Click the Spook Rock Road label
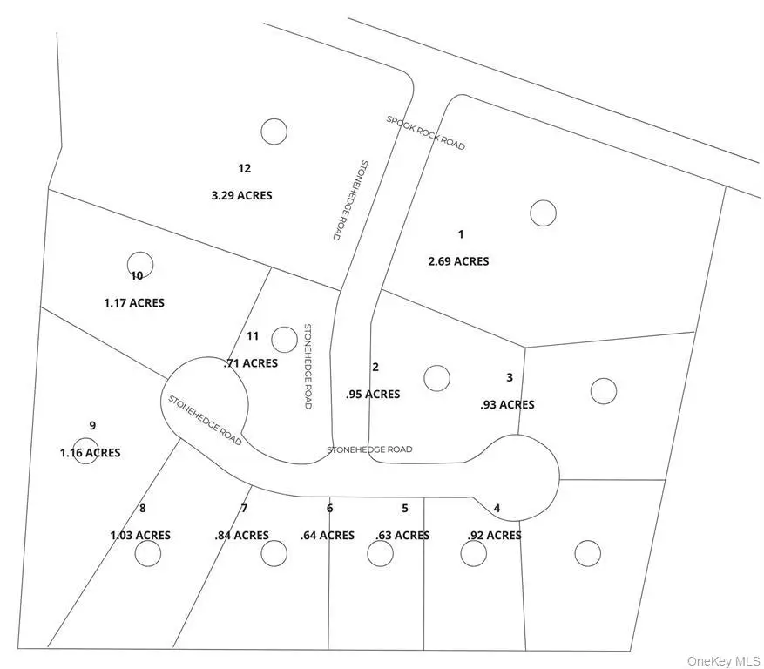(x=426, y=132)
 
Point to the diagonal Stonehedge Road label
(x=206, y=420)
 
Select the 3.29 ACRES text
(x=241, y=195)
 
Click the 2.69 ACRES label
(x=458, y=261)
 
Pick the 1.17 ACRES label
(x=134, y=303)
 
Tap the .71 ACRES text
(x=251, y=362)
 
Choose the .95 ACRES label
(x=373, y=395)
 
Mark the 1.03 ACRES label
(x=140, y=535)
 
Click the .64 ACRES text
(x=328, y=535)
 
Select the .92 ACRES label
(x=494, y=535)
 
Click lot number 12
(x=244, y=168)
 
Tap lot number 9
(x=92, y=425)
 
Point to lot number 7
(x=245, y=508)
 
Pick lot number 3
(x=510, y=377)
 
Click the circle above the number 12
(x=274, y=131)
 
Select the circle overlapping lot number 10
(x=140, y=265)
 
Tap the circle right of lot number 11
(x=284, y=339)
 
